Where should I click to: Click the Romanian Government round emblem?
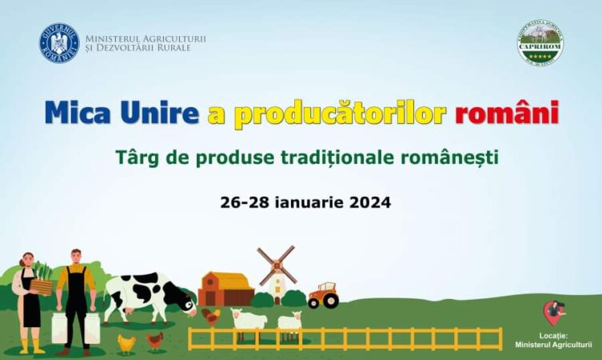(x=59, y=42)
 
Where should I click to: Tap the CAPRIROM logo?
(x=540, y=42)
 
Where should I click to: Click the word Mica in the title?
(x=77, y=113)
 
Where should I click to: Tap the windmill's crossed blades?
(x=277, y=265)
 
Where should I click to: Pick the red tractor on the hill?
(x=323, y=295)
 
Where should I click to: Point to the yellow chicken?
(x=126, y=343)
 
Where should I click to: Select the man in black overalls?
(x=76, y=299)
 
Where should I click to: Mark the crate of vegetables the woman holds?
(x=41, y=286)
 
